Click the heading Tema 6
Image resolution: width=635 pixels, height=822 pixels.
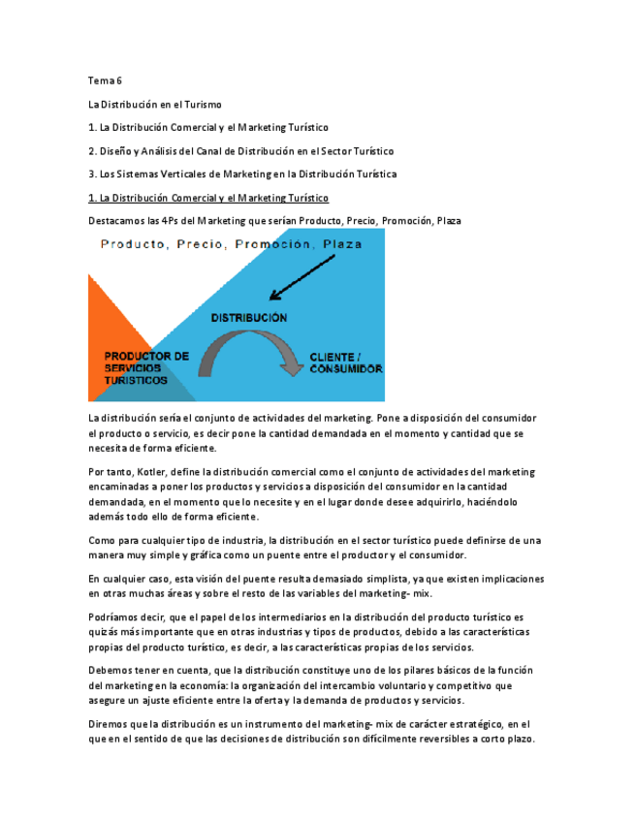point(105,80)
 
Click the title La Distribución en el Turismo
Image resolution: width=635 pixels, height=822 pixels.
point(155,104)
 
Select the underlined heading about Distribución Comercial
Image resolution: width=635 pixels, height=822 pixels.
point(208,198)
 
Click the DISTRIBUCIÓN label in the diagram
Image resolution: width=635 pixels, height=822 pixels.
point(249,317)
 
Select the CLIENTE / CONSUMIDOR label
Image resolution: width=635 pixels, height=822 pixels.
point(344,364)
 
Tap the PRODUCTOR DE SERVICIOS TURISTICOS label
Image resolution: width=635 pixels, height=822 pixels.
point(145,368)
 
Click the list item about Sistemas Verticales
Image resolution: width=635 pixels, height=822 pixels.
point(242,174)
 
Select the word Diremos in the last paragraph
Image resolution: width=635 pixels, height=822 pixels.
point(110,723)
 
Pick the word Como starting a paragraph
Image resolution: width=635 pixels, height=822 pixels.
point(101,540)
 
